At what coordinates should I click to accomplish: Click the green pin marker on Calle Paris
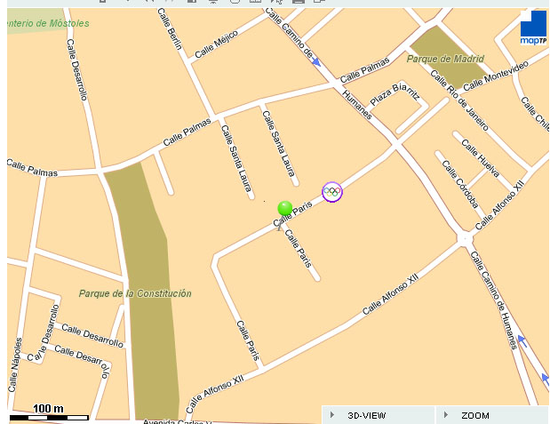point(285,209)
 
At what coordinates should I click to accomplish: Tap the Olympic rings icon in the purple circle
point(331,191)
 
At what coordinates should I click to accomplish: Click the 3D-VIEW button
point(365,415)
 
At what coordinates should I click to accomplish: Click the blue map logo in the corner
point(533,28)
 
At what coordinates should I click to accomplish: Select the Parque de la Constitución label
point(134,293)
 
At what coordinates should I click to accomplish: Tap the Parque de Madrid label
point(445,59)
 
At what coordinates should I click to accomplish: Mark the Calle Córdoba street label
point(460,184)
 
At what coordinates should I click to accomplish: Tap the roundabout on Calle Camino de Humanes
point(466,238)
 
